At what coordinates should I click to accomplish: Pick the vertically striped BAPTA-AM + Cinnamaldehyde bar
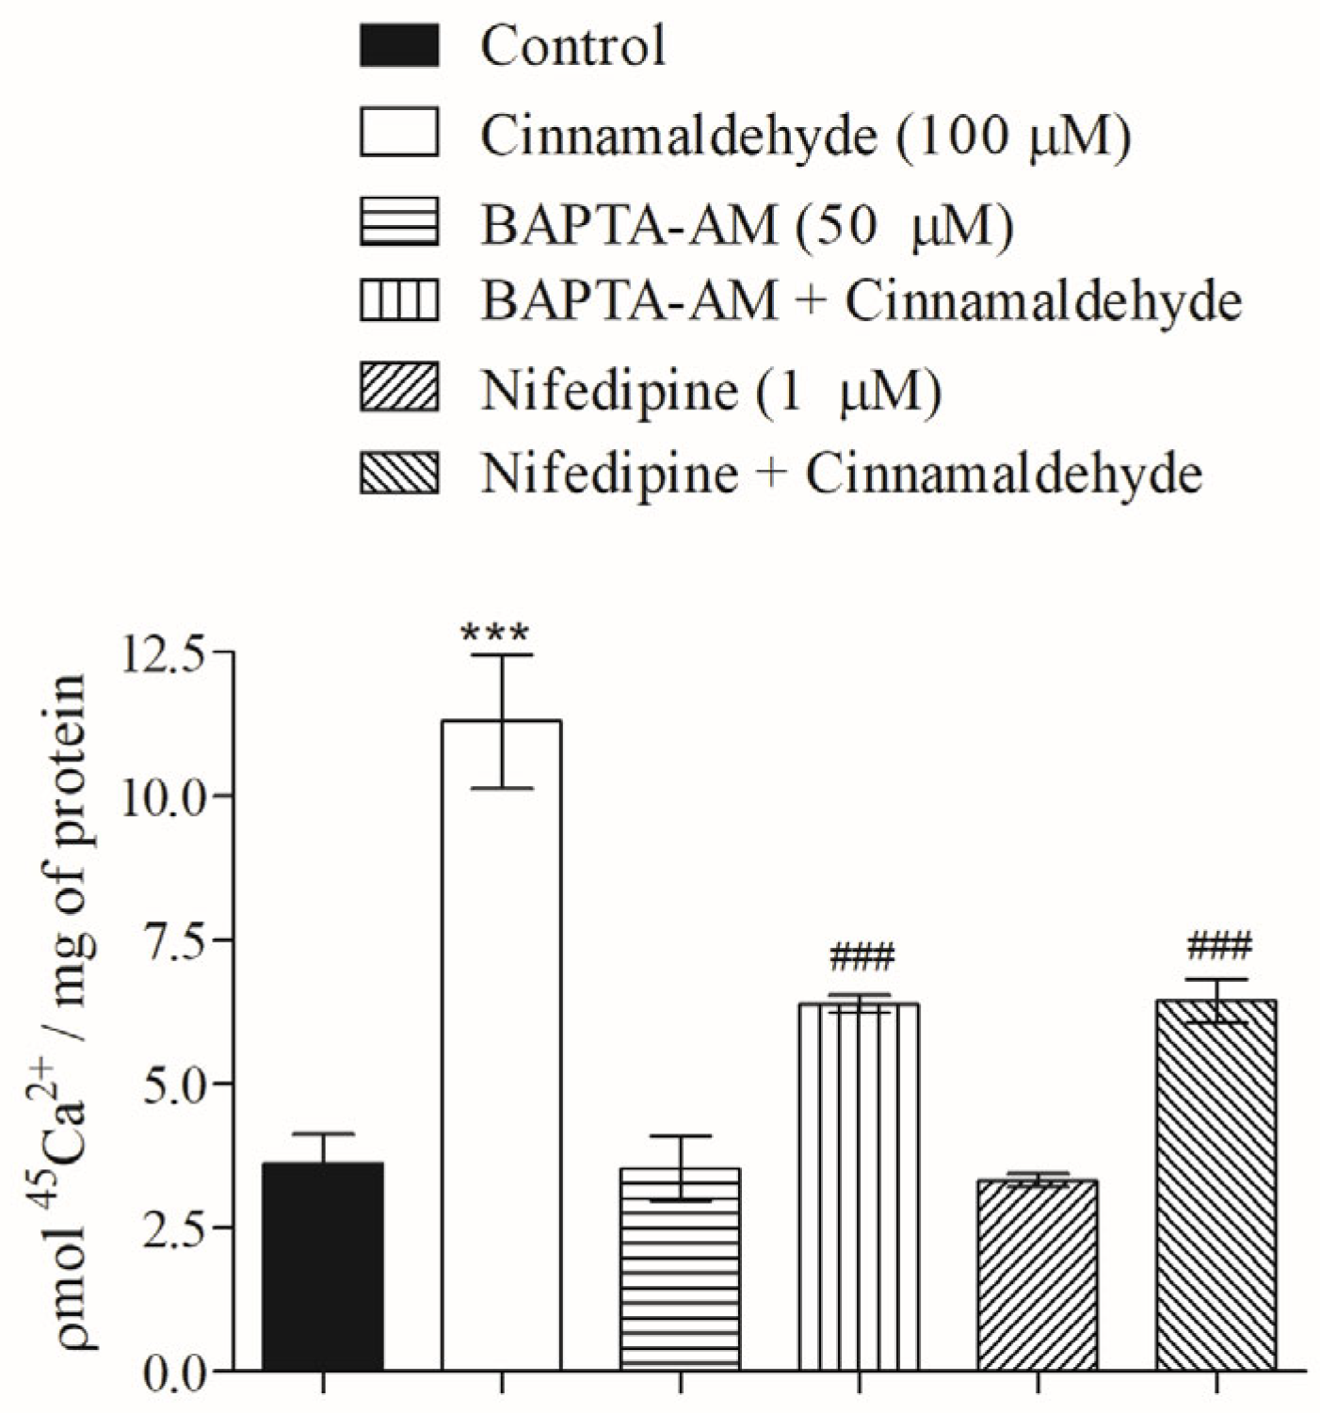[x=859, y=1186]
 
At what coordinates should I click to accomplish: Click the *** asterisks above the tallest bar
[x=495, y=633]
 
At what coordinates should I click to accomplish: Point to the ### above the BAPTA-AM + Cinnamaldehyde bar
[x=861, y=958]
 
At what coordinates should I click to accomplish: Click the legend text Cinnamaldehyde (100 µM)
[x=805, y=136]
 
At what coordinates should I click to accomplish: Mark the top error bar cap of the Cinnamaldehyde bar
[x=502, y=655]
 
